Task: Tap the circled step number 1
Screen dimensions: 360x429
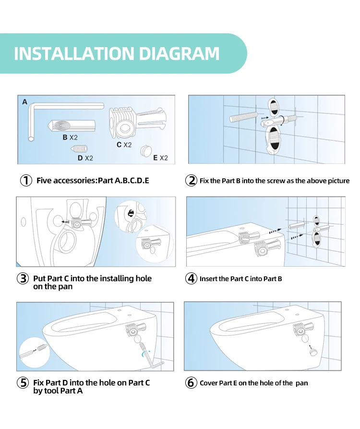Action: (26, 181)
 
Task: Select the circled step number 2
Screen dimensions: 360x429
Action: (191, 181)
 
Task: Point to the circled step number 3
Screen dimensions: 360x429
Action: (23, 279)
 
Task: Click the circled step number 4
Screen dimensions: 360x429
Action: (191, 279)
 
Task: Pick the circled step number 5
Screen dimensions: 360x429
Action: (23, 382)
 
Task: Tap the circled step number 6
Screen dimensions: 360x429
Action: (191, 382)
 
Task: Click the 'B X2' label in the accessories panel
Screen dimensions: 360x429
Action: (70, 137)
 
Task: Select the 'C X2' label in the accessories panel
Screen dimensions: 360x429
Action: (124, 145)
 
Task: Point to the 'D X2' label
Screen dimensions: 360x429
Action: (85, 158)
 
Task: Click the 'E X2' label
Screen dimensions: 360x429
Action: (160, 158)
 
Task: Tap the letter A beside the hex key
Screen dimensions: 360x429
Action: (25, 102)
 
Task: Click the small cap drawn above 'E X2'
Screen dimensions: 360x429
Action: (146, 150)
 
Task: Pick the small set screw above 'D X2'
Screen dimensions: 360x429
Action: (79, 148)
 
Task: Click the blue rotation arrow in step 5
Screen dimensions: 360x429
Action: (144, 353)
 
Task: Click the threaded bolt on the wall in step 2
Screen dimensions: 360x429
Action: (243, 117)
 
